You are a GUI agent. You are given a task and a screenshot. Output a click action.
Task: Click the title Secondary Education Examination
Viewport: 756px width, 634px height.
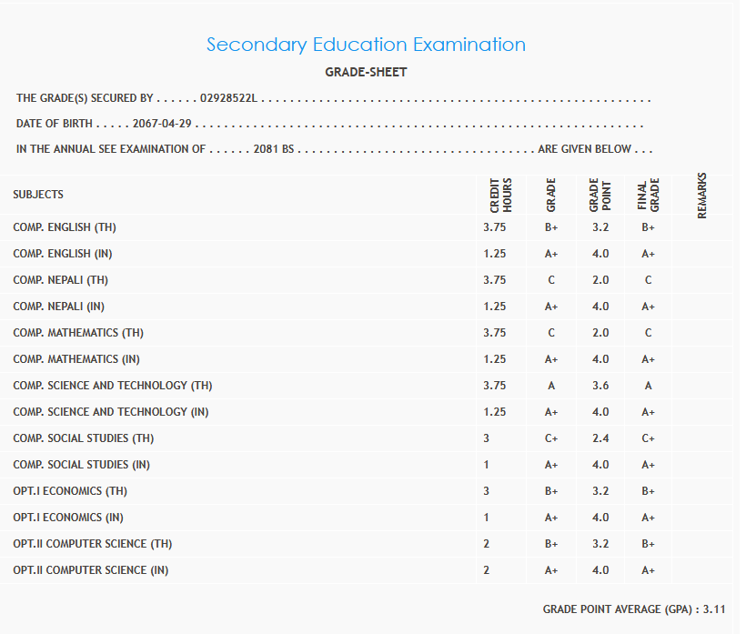[x=366, y=45]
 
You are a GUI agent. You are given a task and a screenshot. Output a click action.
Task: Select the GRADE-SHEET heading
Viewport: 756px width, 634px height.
[x=366, y=72]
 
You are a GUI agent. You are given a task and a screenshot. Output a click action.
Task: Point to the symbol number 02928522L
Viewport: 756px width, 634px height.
[x=229, y=98]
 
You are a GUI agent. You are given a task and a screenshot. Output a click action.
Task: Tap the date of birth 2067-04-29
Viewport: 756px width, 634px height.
[x=164, y=124]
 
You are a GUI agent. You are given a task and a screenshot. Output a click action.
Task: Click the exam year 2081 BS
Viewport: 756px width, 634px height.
[x=274, y=149]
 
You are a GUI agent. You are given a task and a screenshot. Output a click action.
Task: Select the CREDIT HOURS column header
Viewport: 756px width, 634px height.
[x=501, y=195]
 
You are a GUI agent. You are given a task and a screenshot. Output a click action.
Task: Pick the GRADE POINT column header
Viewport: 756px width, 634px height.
[x=600, y=195]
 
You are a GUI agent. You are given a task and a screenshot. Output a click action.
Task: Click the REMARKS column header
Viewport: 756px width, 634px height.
[x=701, y=195]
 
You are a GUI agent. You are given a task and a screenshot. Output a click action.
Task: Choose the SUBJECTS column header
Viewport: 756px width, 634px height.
[x=38, y=195]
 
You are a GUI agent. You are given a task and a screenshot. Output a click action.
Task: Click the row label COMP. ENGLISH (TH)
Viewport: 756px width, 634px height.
[x=65, y=227]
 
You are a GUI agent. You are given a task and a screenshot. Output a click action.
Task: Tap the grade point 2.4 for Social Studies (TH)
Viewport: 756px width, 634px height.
[x=600, y=438]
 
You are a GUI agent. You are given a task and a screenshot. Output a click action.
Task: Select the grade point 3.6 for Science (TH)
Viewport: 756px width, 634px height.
[x=600, y=386]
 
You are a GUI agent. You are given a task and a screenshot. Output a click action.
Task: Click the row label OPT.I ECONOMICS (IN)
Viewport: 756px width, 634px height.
[x=68, y=518]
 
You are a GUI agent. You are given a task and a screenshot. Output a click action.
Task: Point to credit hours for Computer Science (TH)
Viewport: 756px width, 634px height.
[x=487, y=544]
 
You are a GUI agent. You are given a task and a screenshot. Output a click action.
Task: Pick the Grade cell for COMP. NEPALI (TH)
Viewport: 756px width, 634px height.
[x=551, y=280]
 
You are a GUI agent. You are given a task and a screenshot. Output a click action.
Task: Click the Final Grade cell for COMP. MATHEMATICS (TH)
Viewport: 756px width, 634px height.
[x=648, y=333]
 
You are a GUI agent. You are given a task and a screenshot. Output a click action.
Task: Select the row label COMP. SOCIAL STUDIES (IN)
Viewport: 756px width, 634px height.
[x=83, y=465]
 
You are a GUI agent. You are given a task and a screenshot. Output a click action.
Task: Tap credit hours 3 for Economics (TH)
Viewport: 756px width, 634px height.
[x=487, y=491]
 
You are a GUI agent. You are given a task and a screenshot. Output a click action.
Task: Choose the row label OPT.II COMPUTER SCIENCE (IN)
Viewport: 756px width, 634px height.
[x=90, y=570]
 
